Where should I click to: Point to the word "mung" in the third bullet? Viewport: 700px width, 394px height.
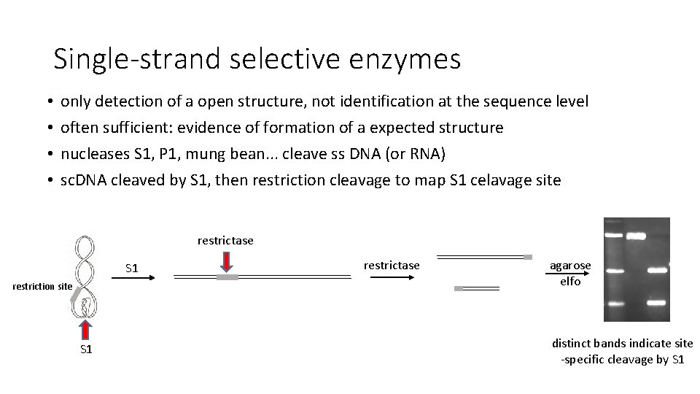click(233, 154)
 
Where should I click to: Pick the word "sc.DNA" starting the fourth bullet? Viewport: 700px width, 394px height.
click(83, 180)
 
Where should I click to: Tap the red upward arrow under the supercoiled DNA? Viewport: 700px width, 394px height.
click(86, 327)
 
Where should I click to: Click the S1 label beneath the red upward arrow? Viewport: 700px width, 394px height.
click(86, 349)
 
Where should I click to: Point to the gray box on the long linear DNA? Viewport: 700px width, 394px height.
click(227, 278)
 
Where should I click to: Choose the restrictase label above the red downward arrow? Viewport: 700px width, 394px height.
click(225, 240)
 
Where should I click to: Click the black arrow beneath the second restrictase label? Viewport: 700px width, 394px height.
click(392, 277)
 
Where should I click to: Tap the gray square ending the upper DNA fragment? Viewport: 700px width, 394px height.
click(528, 257)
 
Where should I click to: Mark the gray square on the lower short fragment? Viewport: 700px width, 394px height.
click(459, 289)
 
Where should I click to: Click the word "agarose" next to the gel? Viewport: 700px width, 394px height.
click(570, 266)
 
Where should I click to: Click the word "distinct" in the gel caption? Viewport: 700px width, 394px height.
click(572, 343)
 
